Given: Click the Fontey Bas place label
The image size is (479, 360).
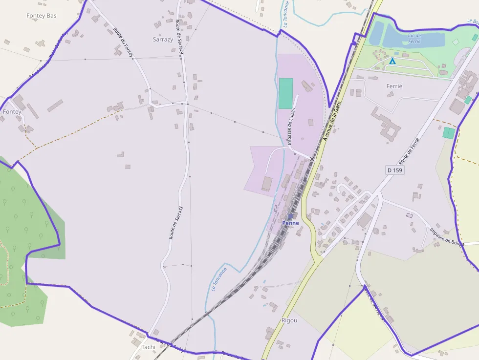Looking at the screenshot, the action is (x=42, y=16).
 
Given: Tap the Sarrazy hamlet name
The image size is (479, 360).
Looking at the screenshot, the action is (x=163, y=40).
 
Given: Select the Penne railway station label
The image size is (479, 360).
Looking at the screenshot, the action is (x=290, y=223).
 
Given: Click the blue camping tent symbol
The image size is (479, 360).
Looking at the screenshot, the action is (x=392, y=61).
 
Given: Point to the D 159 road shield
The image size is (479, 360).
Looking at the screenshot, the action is (x=395, y=170).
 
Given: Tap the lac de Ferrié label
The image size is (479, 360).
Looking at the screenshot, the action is (x=414, y=38).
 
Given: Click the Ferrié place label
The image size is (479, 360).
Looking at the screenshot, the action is (x=394, y=86).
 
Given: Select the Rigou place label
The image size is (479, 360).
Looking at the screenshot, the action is (x=289, y=320).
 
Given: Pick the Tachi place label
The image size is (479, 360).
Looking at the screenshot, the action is (x=148, y=347).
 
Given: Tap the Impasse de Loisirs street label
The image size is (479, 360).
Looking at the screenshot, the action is (x=292, y=126).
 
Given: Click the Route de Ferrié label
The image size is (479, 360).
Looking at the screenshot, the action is (x=409, y=150).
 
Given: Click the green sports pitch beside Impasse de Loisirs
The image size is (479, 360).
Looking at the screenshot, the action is (x=285, y=93).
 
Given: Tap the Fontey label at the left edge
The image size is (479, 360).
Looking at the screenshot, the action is (x=12, y=112).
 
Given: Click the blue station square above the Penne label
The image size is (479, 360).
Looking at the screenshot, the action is (x=290, y=216).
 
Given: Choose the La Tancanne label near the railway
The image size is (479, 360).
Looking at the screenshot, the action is (x=219, y=279).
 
